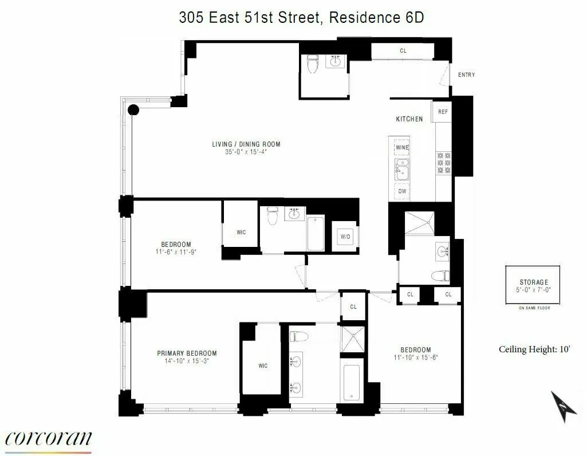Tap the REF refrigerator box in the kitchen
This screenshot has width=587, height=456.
[x=443, y=112]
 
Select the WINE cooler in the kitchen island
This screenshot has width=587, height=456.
[x=401, y=147]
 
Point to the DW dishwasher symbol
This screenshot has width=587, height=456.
[x=402, y=191]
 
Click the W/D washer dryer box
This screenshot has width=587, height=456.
[x=345, y=236]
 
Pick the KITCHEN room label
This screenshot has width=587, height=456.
[x=409, y=119]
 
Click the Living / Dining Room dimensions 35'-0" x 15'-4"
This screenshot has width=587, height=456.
[x=246, y=152]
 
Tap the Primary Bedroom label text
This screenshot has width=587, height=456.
[x=187, y=353]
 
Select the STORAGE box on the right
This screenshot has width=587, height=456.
[x=533, y=285]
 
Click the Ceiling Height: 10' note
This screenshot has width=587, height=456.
[x=534, y=349]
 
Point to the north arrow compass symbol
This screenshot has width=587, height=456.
[x=563, y=406]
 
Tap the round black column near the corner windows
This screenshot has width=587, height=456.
[x=133, y=110]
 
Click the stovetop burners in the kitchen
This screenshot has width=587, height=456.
[x=443, y=163]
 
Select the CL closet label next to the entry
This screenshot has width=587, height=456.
[x=403, y=51]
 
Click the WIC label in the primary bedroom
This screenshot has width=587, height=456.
[x=263, y=366]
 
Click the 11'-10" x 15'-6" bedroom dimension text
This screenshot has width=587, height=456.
[x=415, y=357]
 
